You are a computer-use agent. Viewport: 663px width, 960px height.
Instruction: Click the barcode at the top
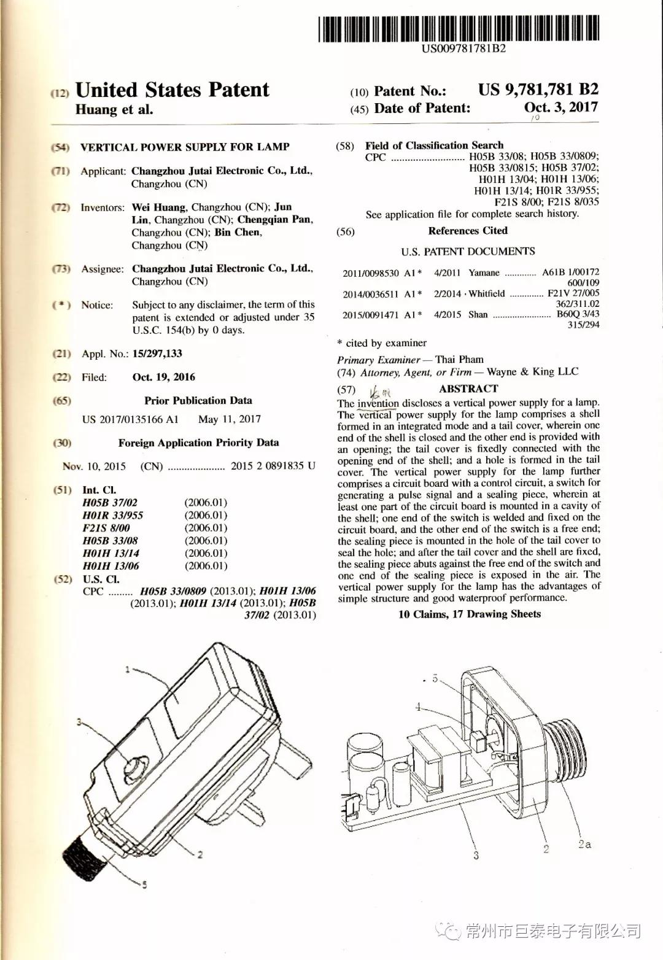458,29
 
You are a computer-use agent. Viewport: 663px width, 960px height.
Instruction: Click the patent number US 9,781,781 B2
538,90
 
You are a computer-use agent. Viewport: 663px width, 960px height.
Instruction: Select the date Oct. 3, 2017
560,107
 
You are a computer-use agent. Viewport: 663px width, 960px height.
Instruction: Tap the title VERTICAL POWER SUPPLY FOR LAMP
185,147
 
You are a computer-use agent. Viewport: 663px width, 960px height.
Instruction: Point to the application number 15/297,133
157,354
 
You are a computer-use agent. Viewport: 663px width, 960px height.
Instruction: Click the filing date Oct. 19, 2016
164,377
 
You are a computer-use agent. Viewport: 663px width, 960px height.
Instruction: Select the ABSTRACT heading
468,389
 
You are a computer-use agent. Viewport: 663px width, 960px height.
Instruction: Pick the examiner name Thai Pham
459,360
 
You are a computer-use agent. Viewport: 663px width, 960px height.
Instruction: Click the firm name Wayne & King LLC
532,371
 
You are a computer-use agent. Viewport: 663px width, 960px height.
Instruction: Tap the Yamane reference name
484,273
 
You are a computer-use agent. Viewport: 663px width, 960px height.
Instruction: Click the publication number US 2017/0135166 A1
130,419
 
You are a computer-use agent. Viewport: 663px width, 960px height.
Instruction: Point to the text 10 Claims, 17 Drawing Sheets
469,614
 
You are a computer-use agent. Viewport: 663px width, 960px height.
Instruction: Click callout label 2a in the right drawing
584,845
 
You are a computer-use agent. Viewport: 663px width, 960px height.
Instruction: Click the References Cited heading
468,231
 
